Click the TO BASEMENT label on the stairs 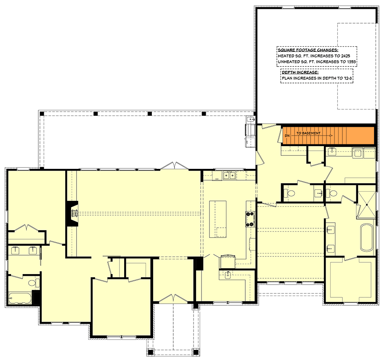click(x=308, y=133)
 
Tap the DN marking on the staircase click(x=287, y=136)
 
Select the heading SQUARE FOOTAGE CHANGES click(x=308, y=50)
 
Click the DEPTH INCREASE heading click(x=300, y=72)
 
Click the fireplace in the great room click(x=72, y=213)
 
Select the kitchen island click(x=218, y=219)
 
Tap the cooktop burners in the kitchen click(x=250, y=219)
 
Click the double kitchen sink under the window click(x=229, y=175)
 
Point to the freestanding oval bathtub click(x=367, y=238)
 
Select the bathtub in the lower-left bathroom click(x=20, y=298)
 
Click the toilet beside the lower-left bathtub click(x=34, y=283)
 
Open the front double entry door click(x=173, y=299)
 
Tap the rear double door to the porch click(x=174, y=165)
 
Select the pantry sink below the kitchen click(x=228, y=275)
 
